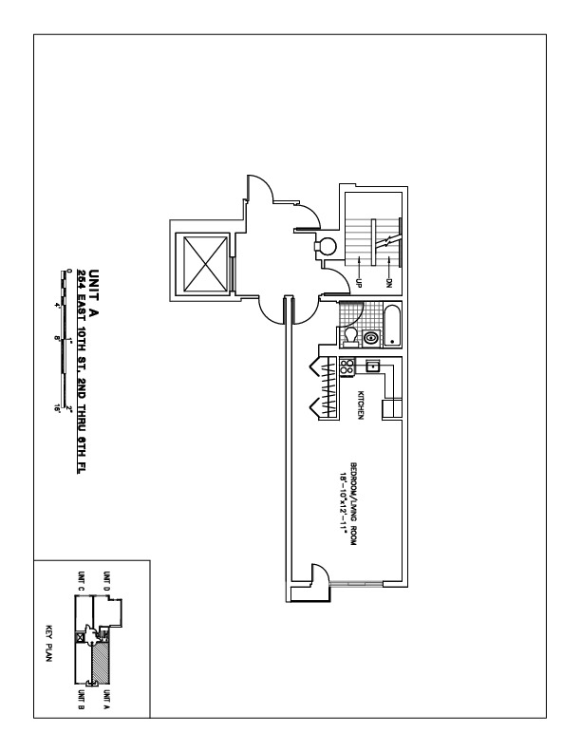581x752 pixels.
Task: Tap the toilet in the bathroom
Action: pyautogui.click(x=350, y=336)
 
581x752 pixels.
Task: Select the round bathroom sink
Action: pyautogui.click(x=370, y=336)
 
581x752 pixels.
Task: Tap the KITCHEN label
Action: pyautogui.click(x=361, y=404)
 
